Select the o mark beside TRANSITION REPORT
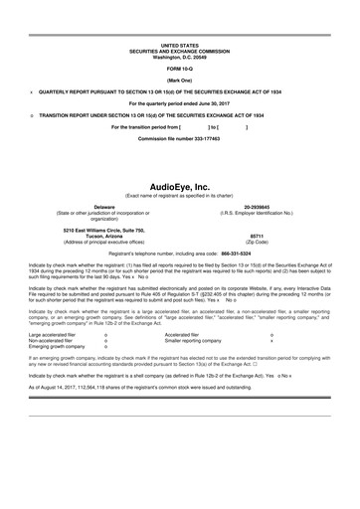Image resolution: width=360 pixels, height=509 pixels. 32,114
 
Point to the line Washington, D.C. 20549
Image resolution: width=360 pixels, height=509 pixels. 180,56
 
